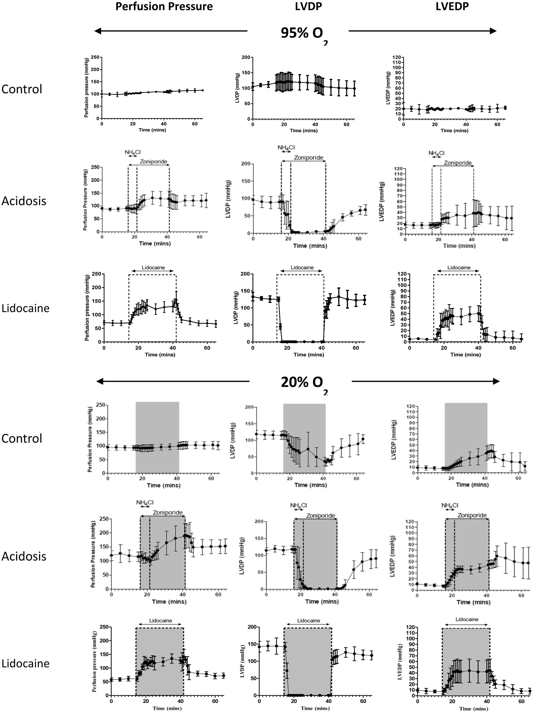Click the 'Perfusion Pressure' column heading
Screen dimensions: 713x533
tap(164, 6)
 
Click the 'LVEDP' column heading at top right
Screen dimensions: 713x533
tap(452, 6)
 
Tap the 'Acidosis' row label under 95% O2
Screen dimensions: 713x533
tap(24, 201)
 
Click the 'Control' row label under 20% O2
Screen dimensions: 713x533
tap(22, 438)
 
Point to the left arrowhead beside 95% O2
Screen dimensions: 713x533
tap(98, 31)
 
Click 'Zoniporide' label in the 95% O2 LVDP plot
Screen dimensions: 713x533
tap(308, 158)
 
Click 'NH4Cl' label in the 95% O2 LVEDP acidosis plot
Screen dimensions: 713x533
tap(436, 153)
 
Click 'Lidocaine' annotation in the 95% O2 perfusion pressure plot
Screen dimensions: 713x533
tap(153, 268)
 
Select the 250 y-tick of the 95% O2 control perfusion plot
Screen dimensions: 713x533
tap(95, 58)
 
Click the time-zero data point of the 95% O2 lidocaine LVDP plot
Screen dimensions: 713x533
tap(253, 297)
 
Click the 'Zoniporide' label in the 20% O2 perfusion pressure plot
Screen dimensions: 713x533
tap(168, 513)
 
